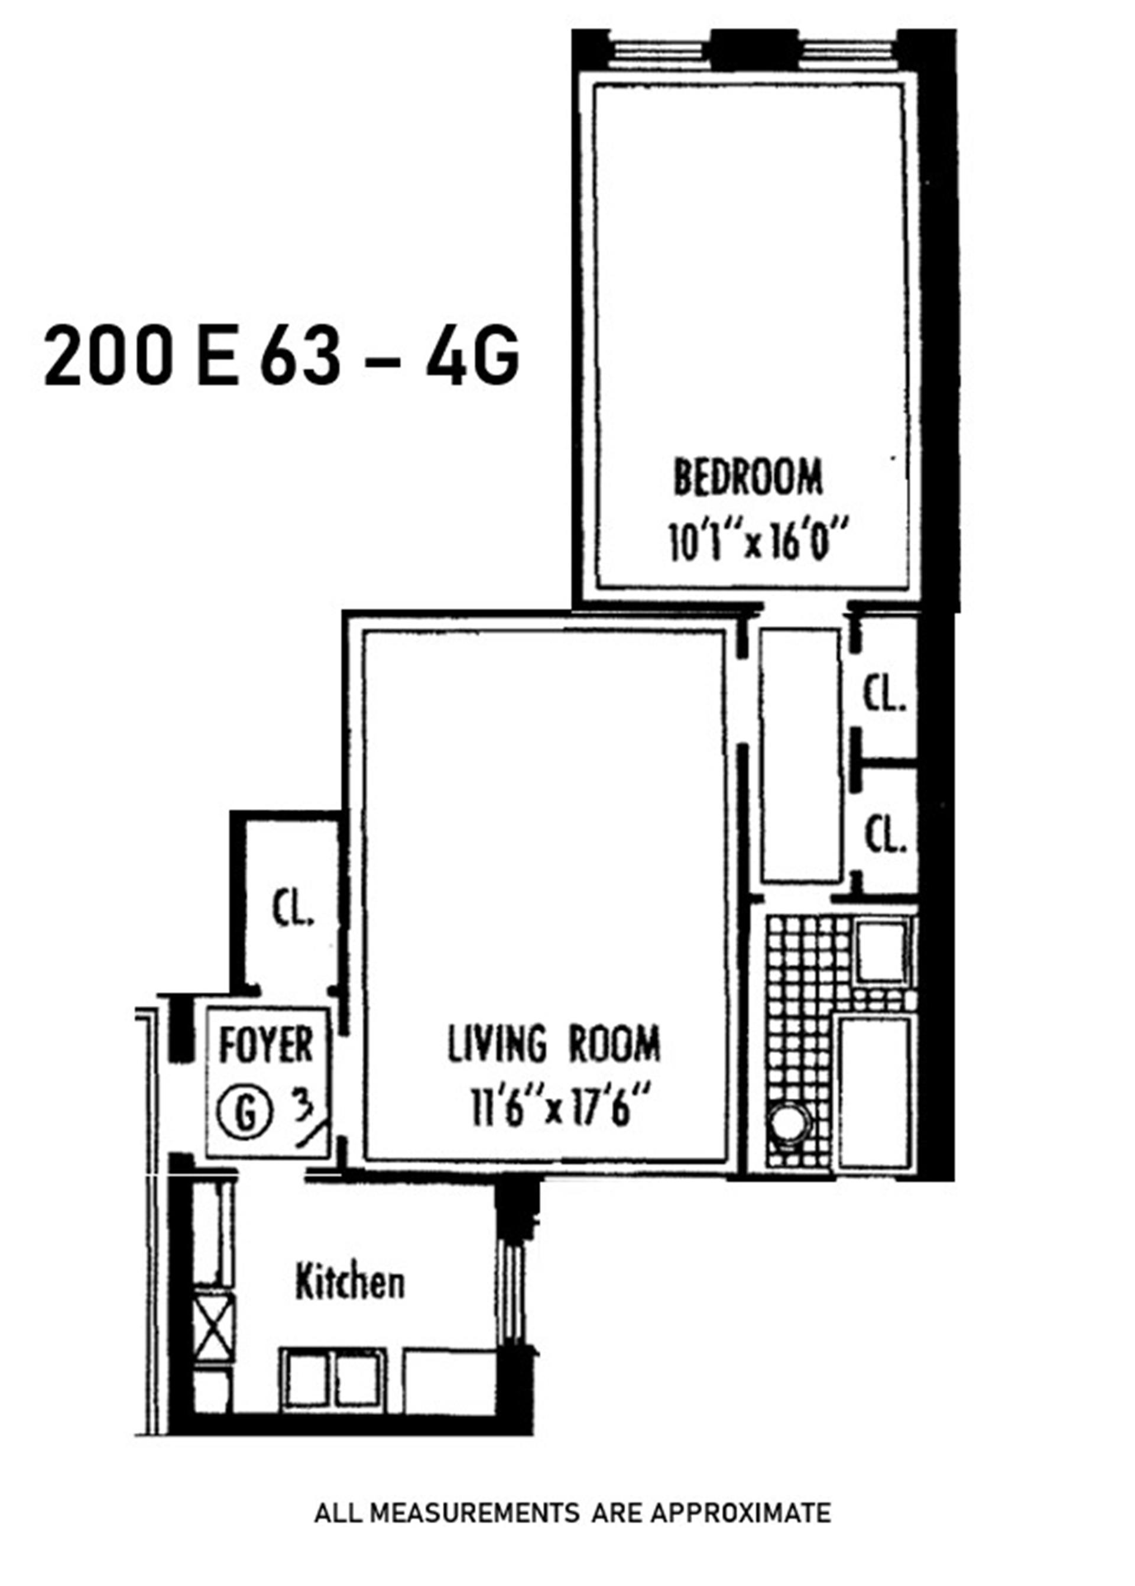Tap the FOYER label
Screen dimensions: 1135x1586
[x=265, y=1046]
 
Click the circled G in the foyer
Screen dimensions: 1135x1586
[x=244, y=1114]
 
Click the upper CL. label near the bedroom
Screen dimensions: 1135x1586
[x=885, y=695]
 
